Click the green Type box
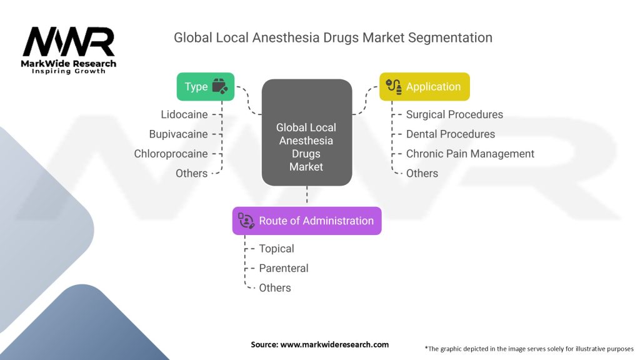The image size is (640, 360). pos(205,86)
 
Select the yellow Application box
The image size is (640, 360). pos(424,86)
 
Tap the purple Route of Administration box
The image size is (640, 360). pos(307,221)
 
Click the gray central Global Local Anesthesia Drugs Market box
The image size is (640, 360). pos(307,132)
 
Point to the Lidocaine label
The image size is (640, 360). pos(184,115)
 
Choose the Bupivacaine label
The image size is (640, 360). pos(178,134)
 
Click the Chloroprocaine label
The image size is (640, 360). pos(171,154)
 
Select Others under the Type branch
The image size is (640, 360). pos(191,174)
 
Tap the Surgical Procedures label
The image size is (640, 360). pos(454,115)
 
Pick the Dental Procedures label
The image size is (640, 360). pos(450,134)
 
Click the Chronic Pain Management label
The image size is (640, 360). pos(470,154)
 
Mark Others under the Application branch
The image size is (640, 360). pos(422,174)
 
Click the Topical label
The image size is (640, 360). pos(276,249)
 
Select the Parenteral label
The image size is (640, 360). pos(284,268)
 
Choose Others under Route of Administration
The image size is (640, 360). pos(275,287)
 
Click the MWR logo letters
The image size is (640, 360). pos(69,42)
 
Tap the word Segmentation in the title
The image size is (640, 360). pos(450,37)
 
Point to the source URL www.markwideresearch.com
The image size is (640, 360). pos(334,344)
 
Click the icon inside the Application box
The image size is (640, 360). pos(394,86)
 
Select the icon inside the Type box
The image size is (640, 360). pos(220,86)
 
